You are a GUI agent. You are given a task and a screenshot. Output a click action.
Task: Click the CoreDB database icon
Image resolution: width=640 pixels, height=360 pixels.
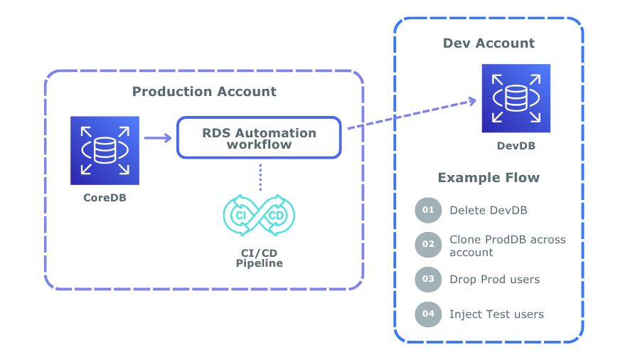coord(105,150)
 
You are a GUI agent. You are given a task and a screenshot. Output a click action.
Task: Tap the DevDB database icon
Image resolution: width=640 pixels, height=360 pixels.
coord(516,98)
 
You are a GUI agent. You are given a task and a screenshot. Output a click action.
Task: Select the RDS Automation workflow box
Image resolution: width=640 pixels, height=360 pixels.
coord(259,137)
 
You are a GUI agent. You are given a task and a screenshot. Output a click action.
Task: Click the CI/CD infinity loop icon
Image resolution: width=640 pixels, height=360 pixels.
coord(259,216)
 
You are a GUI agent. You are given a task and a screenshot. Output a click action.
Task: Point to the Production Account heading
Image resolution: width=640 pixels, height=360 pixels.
coord(205,92)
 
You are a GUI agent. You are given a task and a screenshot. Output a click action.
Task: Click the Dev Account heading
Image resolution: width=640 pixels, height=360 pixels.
coord(489,43)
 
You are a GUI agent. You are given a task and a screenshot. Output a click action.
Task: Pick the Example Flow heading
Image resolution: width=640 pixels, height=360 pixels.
coord(489,178)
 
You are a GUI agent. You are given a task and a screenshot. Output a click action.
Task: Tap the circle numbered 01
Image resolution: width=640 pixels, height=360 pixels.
coord(428,211)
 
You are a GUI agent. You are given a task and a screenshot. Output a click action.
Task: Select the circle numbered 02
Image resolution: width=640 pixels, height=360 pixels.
coord(428,245)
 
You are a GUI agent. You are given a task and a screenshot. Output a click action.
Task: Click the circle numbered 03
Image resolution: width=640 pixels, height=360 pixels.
coord(428,279)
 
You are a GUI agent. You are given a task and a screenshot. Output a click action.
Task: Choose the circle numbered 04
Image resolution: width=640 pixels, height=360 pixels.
coord(428,314)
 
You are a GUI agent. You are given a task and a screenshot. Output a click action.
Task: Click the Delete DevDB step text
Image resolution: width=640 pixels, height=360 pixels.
coord(489,211)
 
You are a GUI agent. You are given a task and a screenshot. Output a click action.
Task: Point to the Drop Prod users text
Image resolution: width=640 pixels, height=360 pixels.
coord(494,279)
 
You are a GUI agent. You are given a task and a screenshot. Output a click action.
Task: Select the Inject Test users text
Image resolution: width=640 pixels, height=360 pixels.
coord(496,314)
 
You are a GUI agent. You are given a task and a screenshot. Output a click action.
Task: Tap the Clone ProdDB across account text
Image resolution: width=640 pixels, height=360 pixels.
coord(507,245)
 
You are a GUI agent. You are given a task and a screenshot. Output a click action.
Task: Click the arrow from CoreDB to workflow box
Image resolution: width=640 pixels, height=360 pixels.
coord(157,137)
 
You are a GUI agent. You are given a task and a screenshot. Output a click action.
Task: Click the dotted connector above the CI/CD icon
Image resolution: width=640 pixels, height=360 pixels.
coord(260,176)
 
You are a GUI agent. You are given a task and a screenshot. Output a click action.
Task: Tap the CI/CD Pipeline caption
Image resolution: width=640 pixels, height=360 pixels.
coord(259,258)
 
